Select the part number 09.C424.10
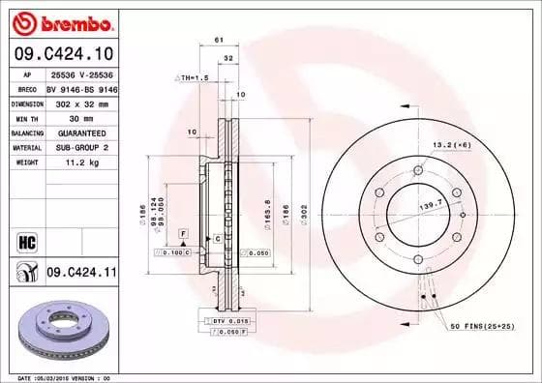(61, 54)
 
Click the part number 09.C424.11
(80, 274)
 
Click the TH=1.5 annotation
(193, 76)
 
